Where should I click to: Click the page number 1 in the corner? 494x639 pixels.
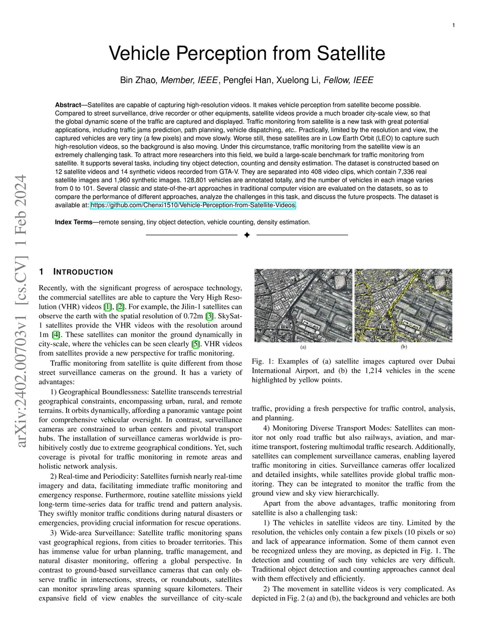click(453, 26)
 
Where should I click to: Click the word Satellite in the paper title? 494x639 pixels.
click(351, 54)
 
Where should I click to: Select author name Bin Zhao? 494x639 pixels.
click(138, 80)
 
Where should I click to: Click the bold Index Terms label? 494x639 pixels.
click(73, 222)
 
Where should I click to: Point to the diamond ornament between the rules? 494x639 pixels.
click(247, 235)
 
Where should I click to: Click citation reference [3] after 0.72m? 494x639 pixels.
click(209, 316)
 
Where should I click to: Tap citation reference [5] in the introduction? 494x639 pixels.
click(195, 344)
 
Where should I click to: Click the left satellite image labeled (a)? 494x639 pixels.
click(303, 305)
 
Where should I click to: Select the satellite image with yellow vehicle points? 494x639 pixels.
click(403, 305)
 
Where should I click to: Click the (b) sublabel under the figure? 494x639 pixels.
click(404, 347)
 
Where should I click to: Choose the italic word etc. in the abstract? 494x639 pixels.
click(288, 130)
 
